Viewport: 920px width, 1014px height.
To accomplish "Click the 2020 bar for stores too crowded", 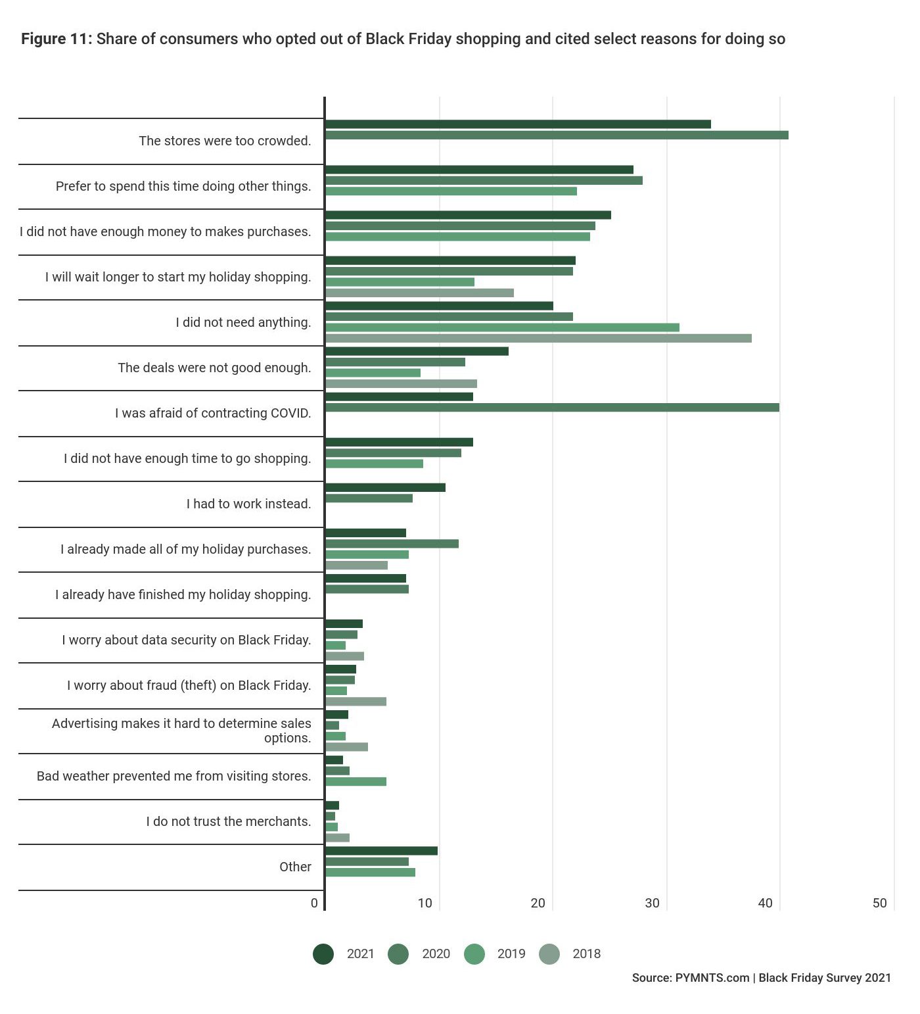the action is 557,135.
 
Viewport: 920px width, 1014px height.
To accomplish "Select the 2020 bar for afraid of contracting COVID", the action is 552,408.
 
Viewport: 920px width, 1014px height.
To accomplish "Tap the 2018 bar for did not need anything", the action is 538,338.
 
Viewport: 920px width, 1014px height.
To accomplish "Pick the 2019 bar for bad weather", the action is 356,782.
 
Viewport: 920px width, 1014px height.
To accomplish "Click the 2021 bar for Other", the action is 381,851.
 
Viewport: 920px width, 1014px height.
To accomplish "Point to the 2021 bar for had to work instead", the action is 385,487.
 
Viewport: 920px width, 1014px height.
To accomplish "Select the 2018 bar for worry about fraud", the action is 356,702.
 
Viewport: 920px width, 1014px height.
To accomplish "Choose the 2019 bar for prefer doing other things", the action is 451,191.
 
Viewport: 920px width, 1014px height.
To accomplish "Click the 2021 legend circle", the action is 323,954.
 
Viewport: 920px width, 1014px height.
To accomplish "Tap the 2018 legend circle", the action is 549,954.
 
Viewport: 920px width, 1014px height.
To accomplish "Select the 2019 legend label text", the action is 511,954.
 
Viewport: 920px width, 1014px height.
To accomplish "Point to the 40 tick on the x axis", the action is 766,903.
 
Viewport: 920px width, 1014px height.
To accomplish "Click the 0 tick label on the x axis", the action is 314,903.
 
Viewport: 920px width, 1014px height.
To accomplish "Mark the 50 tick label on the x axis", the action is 880,903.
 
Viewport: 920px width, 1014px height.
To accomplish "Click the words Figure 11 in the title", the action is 57,39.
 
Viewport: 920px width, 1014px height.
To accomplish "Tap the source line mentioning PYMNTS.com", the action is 762,978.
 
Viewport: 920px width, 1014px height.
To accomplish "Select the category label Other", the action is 295,867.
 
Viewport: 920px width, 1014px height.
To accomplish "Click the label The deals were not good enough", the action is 214,368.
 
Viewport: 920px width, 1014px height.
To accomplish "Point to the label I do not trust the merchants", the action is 229,821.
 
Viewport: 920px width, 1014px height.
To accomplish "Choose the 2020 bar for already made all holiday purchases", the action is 392,544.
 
